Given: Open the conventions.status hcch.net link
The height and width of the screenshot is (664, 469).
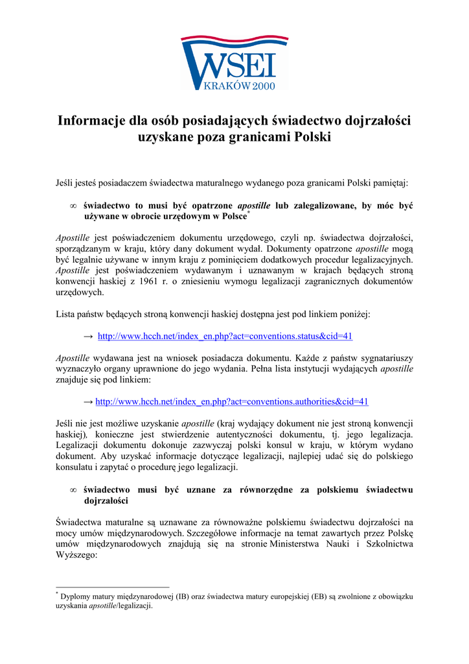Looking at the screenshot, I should click(225, 337).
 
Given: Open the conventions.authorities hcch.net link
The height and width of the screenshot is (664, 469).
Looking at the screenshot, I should click(232, 402).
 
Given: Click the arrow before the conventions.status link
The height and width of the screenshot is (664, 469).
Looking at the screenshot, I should click(89, 337).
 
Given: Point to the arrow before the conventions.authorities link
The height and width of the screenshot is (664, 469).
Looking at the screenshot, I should click(89, 402).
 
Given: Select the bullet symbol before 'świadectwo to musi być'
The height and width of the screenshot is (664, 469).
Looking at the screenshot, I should click(73, 206).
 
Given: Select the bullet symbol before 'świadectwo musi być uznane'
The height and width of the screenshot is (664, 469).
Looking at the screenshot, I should click(73, 490).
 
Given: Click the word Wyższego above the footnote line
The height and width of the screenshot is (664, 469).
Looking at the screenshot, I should click(76, 556).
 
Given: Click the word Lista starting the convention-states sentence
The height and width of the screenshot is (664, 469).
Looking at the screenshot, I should click(66, 314).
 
